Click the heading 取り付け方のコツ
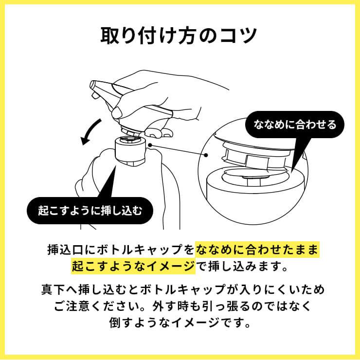180,36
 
